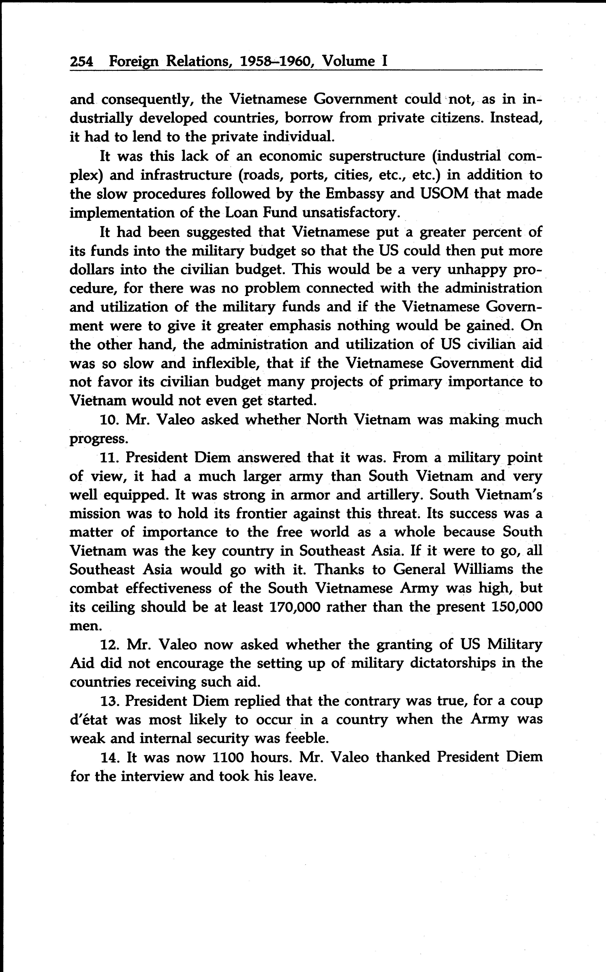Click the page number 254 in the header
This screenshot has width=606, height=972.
click(81, 61)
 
